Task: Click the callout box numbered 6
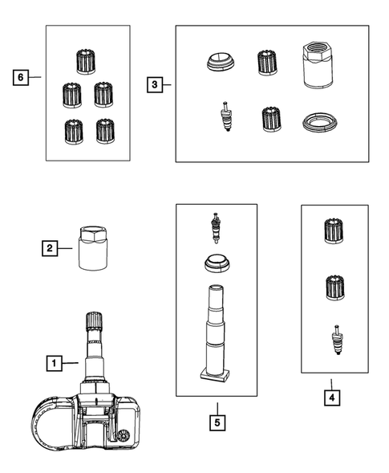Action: (x=21, y=78)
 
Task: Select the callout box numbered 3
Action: (x=155, y=85)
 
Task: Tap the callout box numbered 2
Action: (x=50, y=248)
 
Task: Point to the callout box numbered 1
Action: (x=55, y=363)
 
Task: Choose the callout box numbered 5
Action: (x=217, y=422)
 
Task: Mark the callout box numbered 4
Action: (x=332, y=398)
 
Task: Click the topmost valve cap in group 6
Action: (x=86, y=62)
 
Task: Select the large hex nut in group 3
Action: (x=318, y=65)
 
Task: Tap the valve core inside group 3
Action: (x=226, y=116)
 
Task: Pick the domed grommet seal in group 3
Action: (x=221, y=62)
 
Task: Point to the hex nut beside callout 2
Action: (x=93, y=248)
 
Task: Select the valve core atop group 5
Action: (x=216, y=228)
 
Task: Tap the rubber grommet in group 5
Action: (x=217, y=263)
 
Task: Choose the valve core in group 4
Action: (x=337, y=340)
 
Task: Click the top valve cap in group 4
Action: (x=334, y=231)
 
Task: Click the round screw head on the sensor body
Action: (x=124, y=437)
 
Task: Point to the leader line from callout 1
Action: (x=71, y=363)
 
